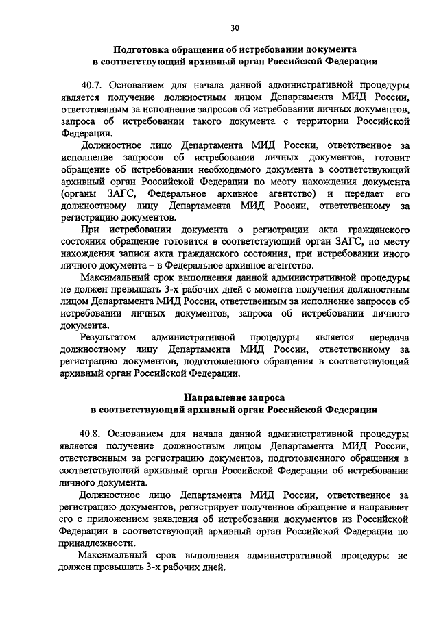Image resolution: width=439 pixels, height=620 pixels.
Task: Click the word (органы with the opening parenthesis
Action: pos(78,193)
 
